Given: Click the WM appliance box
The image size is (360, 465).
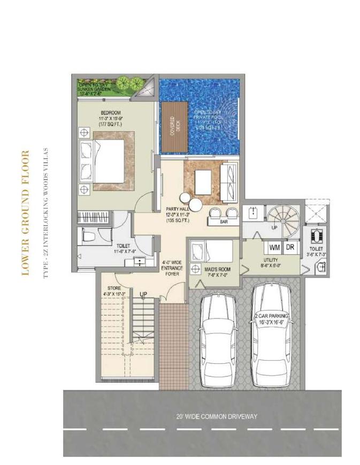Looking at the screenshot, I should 274,248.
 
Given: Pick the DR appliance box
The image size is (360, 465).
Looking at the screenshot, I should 290,248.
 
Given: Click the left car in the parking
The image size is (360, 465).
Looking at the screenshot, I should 217,337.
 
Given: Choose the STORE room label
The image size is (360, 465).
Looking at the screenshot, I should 114,291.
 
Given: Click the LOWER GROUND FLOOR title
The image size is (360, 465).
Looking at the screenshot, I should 25,213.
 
